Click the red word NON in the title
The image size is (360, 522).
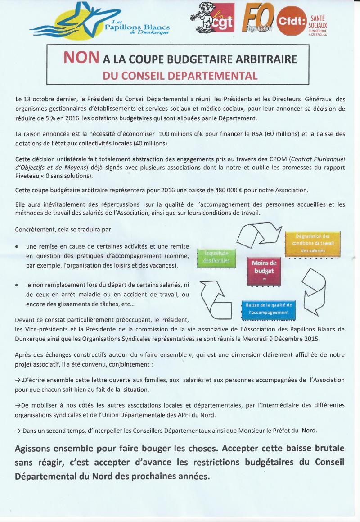[81, 58]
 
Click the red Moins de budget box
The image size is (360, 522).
[264, 270]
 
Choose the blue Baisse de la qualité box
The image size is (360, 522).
[268, 309]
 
